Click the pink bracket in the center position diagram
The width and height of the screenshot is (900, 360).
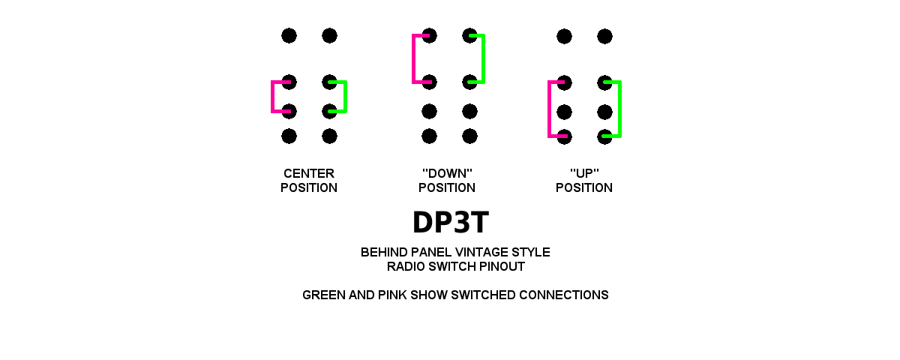(x=273, y=97)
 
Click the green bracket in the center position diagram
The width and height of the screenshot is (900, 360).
(x=344, y=97)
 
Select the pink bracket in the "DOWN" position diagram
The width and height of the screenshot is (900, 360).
(x=414, y=58)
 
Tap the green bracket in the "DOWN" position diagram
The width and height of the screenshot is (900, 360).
(x=483, y=58)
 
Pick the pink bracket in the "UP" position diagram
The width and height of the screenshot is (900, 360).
(x=550, y=109)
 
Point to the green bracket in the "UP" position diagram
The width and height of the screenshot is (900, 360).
(x=619, y=109)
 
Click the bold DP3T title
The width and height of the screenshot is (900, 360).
(x=450, y=223)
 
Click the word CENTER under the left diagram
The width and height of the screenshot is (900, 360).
(x=309, y=173)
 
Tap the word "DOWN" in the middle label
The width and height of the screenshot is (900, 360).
(x=447, y=173)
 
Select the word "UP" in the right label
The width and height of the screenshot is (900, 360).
(x=584, y=173)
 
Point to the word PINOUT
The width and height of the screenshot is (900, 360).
(x=499, y=266)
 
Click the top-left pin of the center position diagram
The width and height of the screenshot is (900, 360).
(x=289, y=35)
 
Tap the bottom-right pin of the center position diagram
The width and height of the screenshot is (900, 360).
(x=329, y=136)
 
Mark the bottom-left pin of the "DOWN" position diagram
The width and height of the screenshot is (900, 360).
(x=429, y=136)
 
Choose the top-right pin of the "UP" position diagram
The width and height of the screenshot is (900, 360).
(x=604, y=36)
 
